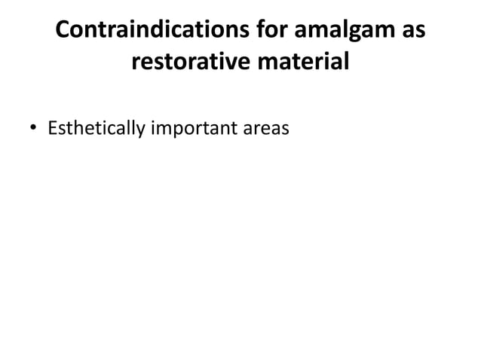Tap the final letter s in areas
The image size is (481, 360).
pos(285,130)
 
